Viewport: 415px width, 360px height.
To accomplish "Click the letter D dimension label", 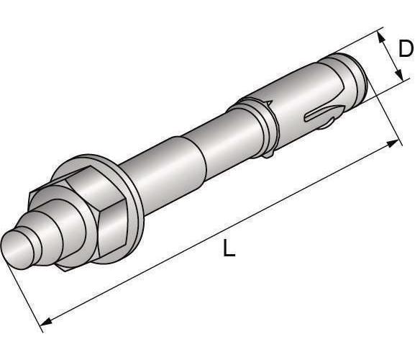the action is (406, 48).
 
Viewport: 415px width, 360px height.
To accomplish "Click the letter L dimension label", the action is (229, 248).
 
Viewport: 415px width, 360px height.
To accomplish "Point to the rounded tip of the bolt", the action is (17, 250).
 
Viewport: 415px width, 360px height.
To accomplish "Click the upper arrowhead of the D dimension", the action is (381, 37).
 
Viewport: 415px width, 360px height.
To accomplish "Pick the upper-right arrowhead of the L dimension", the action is (392, 143).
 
